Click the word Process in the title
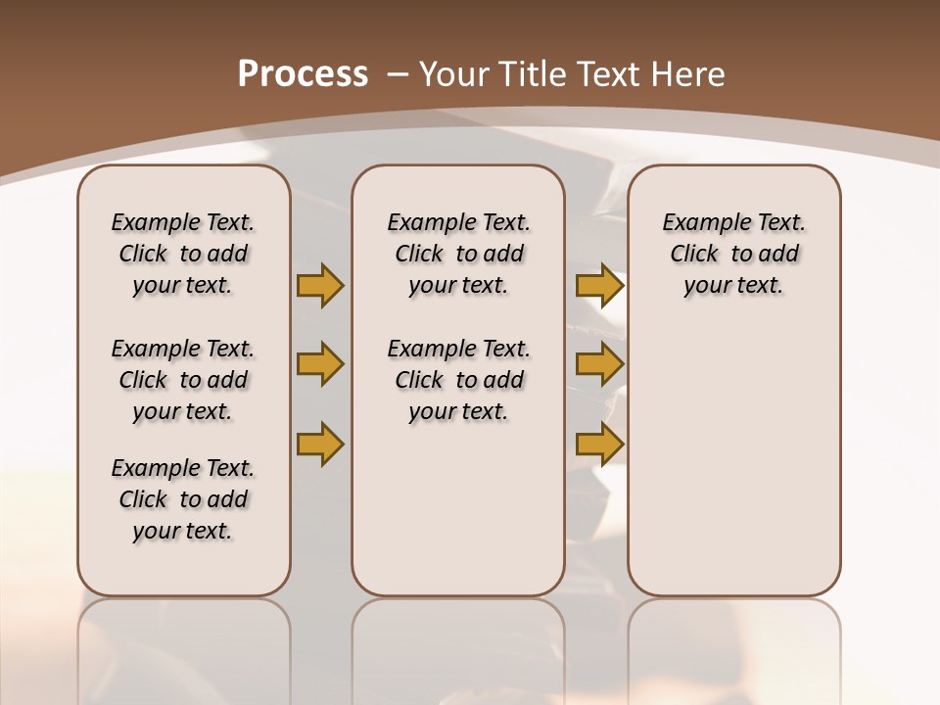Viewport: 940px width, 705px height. tap(303, 74)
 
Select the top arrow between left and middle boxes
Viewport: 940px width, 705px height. tap(320, 286)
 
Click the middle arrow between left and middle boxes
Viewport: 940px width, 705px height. tap(320, 365)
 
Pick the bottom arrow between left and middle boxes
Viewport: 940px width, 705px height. tap(320, 444)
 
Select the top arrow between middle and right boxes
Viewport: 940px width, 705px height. tap(599, 286)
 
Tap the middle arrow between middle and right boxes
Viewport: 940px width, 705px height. tap(599, 365)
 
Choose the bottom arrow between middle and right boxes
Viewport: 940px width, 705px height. tap(599, 444)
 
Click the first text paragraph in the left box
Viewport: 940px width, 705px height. tap(183, 254)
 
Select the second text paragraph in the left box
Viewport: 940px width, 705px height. tap(183, 380)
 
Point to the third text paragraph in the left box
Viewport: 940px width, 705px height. tap(183, 499)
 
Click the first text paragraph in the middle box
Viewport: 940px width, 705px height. tap(458, 254)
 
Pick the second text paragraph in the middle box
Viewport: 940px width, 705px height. tap(458, 380)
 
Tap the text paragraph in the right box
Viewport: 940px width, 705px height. tap(733, 254)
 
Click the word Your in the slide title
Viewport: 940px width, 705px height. tap(452, 74)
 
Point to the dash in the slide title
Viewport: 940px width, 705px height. tap(398, 74)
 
